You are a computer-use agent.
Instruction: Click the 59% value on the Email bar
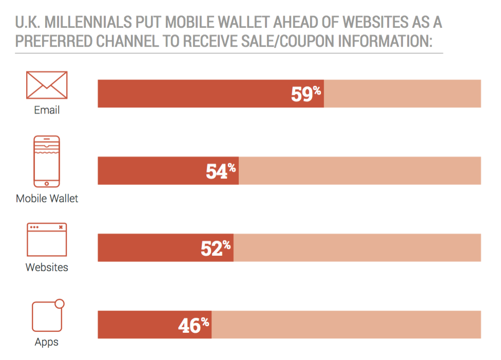pyautogui.click(x=305, y=94)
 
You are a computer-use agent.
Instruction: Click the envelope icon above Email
pyautogui.click(x=47, y=85)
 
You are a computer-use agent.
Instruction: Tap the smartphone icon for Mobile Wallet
pyautogui.click(x=47, y=161)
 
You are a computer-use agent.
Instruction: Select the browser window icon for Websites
pyautogui.click(x=47, y=240)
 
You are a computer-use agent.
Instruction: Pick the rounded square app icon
pyautogui.click(x=47, y=316)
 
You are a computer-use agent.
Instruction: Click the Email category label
pyautogui.click(x=47, y=110)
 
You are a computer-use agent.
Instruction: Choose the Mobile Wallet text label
pyautogui.click(x=47, y=198)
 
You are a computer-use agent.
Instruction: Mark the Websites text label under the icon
pyautogui.click(x=47, y=267)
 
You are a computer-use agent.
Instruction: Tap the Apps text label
pyautogui.click(x=47, y=342)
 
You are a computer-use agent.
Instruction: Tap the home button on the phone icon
pyautogui.click(x=47, y=183)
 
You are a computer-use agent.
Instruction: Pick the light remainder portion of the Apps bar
pyautogui.click(x=346, y=325)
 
